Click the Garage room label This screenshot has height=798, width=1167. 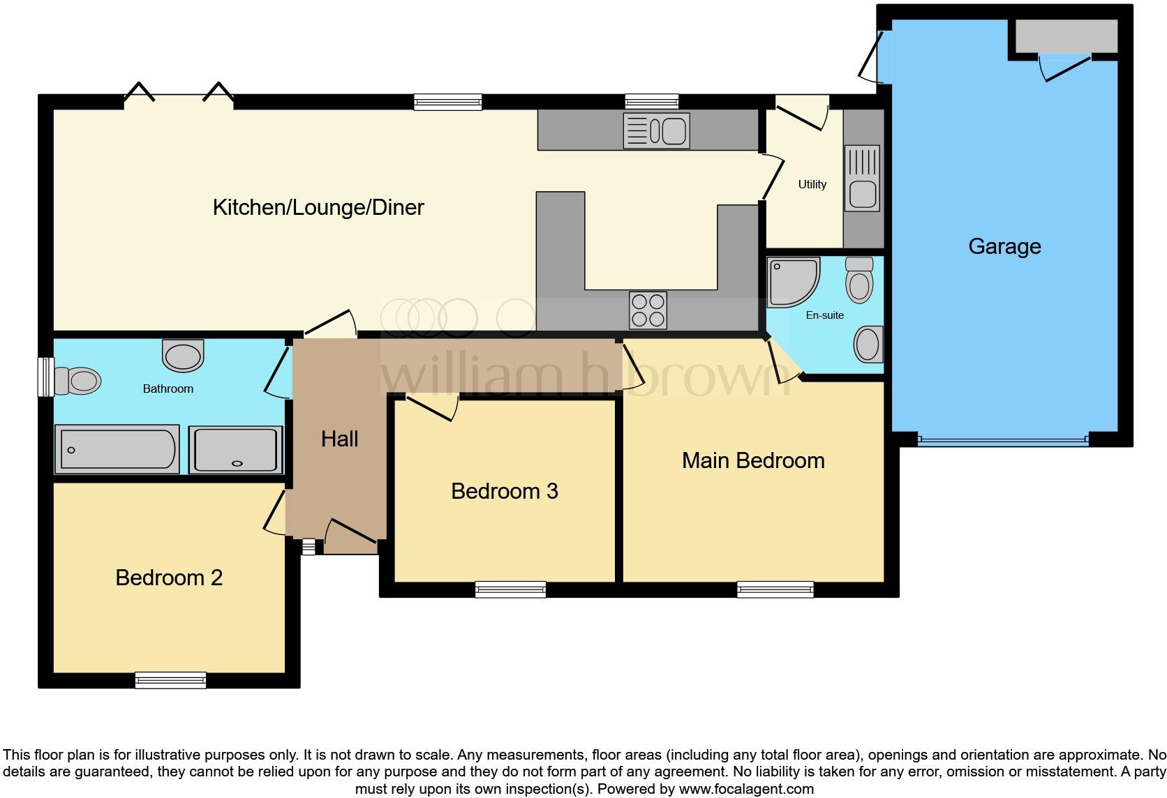click(x=1004, y=246)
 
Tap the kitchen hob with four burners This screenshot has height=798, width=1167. click(x=648, y=310)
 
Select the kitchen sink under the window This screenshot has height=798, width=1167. click(x=657, y=131)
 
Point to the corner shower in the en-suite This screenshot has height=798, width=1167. click(x=791, y=281)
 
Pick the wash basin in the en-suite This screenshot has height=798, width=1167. click(x=868, y=344)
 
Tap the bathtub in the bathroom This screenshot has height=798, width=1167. click(x=117, y=449)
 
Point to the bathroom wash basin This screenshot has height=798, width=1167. click(x=183, y=355)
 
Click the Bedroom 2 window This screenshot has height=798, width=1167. click(x=170, y=679)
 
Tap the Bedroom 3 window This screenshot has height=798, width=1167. click(x=510, y=589)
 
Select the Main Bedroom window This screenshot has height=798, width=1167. click(x=775, y=589)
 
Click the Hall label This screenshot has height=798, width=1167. click(x=340, y=439)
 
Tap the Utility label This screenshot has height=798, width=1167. click(x=812, y=184)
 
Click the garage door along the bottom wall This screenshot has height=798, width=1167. click(x=1002, y=441)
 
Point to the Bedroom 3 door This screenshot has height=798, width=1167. click(x=433, y=407)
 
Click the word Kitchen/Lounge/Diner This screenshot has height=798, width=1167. click(x=318, y=207)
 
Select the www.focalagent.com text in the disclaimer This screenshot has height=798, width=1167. click(x=745, y=789)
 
